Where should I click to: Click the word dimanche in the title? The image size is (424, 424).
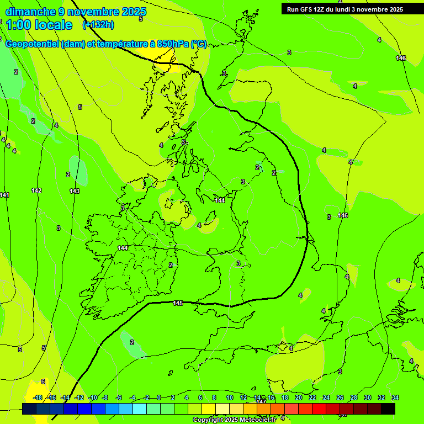tap(30, 12)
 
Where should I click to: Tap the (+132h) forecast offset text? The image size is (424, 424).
tap(98, 24)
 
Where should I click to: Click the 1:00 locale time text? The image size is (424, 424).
tap(39, 25)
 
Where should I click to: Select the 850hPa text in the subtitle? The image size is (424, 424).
tap(173, 44)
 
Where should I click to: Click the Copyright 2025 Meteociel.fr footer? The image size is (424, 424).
tap(234, 420)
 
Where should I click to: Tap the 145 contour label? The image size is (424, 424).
tap(178, 303)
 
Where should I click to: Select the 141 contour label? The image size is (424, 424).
tap(5, 195)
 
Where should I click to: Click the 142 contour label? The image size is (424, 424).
tap(36, 190)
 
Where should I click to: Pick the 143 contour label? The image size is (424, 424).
tap(75, 191)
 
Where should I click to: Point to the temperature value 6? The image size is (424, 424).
tap(43, 381)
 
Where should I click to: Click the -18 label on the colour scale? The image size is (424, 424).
tap(38, 397)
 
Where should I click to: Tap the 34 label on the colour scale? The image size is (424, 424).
tap(395, 397)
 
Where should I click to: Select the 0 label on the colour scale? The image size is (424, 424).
tap(159, 397)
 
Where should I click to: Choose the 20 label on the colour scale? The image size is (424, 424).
tap(298, 397)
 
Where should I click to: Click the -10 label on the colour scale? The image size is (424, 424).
tap(93, 397)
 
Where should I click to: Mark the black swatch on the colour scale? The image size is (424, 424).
tap(388, 409)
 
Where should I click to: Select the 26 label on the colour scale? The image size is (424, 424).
tap(340, 397)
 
